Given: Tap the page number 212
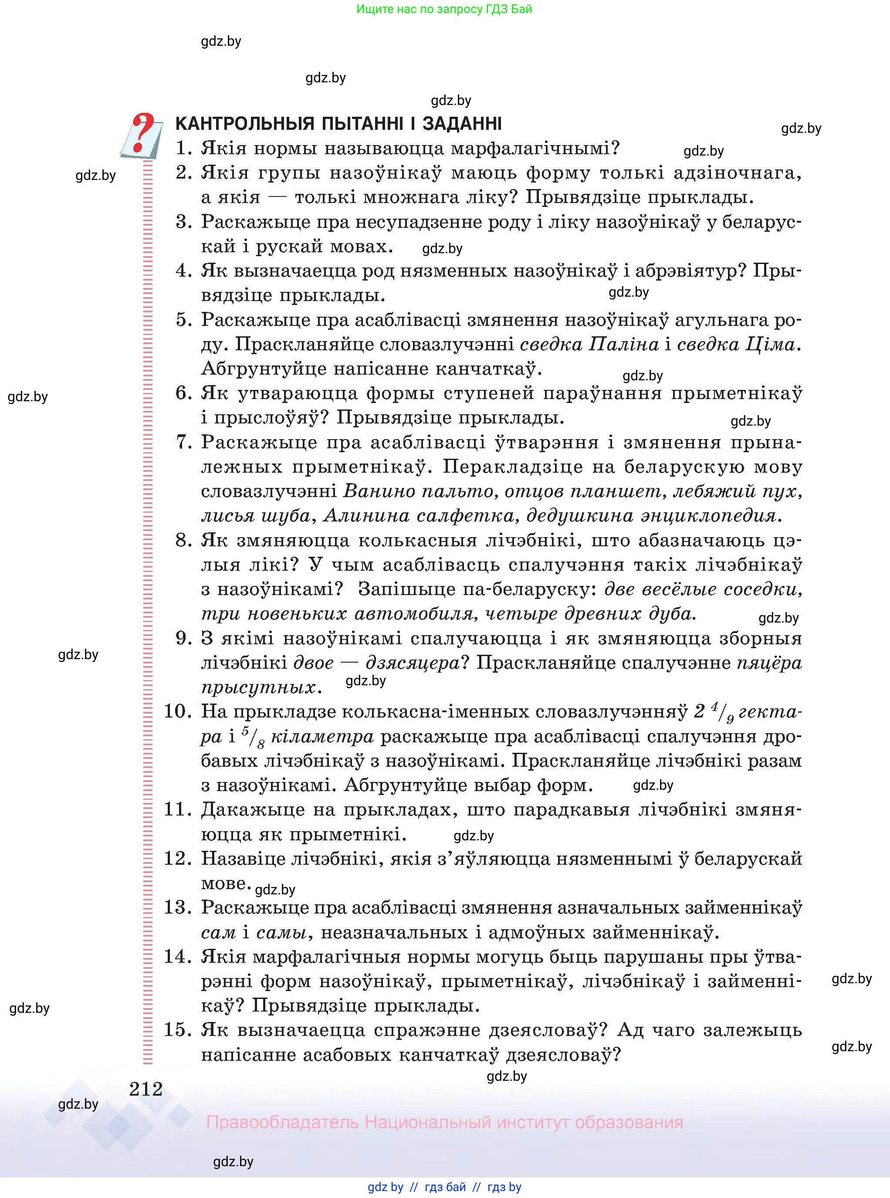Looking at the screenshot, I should coord(146,1089).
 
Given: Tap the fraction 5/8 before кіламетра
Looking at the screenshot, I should coord(252,736).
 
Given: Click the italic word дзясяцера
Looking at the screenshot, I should coord(413,663).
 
